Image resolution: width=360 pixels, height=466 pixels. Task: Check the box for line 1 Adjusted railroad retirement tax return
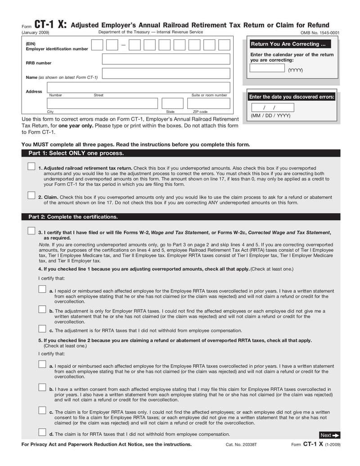coord(31,167)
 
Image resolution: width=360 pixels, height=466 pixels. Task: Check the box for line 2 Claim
coord(31,195)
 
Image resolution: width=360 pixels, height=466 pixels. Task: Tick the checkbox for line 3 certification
coord(31,231)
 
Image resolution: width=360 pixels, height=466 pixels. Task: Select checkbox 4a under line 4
coord(42,290)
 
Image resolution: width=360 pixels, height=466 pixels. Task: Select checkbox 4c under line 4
coord(42,329)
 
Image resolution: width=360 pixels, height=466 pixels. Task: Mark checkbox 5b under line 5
coord(42,387)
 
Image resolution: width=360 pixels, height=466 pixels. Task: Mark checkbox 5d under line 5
coord(42,433)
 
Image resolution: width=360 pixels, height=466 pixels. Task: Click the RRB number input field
coord(166,59)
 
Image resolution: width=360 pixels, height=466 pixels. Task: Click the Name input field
coord(166,74)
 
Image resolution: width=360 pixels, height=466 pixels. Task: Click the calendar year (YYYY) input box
coord(267,68)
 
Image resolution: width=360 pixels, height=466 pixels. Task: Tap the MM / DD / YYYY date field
coord(272,108)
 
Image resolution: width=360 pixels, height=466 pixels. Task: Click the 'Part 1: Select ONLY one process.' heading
coord(76,153)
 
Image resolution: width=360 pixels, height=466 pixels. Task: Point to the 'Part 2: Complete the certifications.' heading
coord(73,217)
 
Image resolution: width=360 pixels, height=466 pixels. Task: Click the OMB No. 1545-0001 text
coord(320,33)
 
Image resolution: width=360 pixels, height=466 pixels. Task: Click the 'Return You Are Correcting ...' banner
coord(288,44)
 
